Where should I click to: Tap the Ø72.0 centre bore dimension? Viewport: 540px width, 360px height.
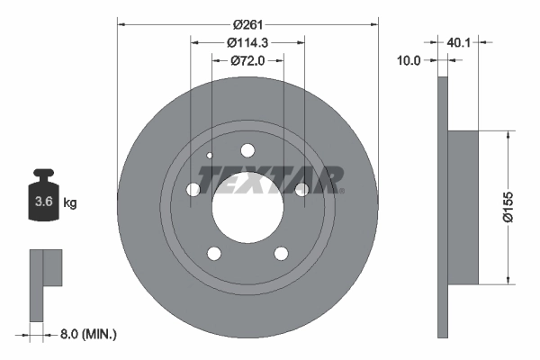247,61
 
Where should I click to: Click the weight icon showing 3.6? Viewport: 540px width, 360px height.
42,200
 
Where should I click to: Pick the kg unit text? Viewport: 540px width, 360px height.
70,202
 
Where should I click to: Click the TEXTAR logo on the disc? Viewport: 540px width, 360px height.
270,179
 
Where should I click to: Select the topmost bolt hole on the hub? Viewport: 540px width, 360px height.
247,150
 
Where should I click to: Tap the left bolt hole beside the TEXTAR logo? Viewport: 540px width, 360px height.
193,189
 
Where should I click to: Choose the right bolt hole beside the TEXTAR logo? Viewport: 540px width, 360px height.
302,189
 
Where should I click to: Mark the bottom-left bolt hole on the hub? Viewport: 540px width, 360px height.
213,253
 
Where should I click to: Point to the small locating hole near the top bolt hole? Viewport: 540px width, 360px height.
210,155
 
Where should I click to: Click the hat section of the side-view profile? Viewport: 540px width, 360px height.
464,207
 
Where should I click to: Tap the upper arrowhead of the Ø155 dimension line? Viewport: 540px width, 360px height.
510,135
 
